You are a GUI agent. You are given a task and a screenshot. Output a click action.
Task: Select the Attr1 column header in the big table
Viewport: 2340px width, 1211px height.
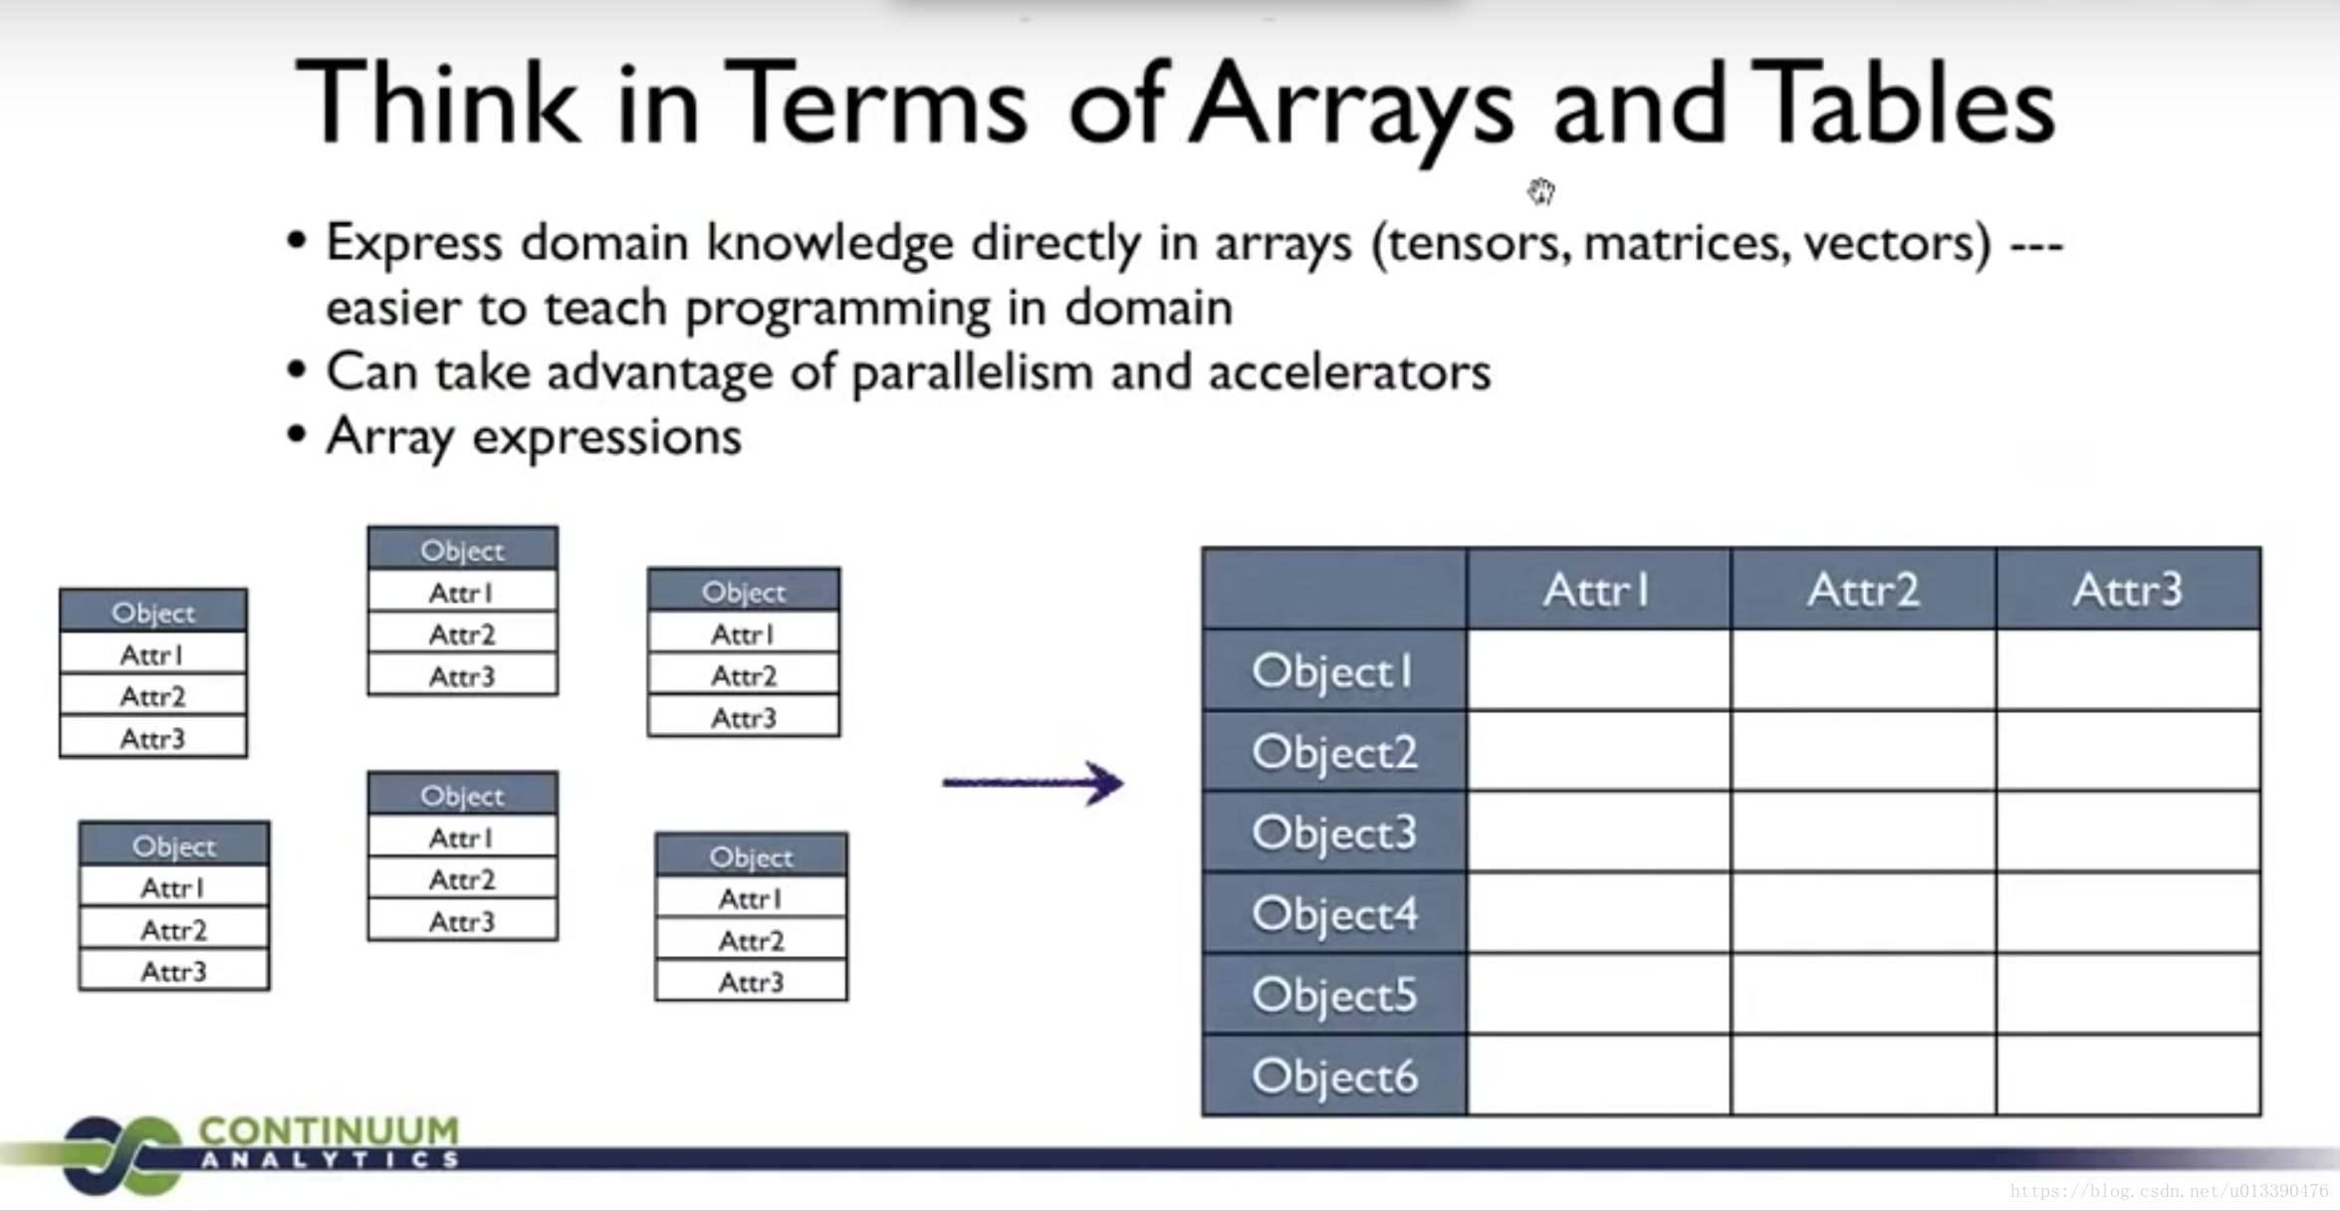click(x=1597, y=590)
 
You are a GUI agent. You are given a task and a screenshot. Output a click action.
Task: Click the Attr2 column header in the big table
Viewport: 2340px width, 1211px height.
click(x=1863, y=590)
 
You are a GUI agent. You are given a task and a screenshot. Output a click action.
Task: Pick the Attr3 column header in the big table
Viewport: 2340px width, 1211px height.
click(x=2128, y=590)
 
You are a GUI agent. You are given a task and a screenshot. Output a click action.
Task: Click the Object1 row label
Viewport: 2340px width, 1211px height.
click(x=1333, y=671)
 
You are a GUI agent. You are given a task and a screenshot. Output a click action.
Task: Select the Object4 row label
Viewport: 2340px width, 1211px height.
click(x=1334, y=914)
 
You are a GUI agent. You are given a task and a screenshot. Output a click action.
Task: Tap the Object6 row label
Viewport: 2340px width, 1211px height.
click(x=1334, y=1077)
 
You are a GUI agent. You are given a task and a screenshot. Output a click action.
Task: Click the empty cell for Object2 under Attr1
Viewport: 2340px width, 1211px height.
click(x=1599, y=752)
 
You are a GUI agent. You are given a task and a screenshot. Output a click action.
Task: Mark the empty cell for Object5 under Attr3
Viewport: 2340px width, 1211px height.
click(x=2128, y=995)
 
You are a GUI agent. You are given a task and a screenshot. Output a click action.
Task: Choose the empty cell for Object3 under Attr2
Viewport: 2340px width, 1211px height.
click(x=1863, y=833)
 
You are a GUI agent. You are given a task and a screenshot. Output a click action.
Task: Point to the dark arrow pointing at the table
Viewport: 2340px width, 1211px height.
click(x=1033, y=783)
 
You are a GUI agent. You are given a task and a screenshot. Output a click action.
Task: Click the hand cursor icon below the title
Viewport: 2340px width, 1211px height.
click(x=1541, y=190)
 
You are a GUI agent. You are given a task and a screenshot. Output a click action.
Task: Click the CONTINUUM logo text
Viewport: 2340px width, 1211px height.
click(x=329, y=1131)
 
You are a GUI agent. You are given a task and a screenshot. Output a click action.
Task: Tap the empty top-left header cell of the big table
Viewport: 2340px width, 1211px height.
click(x=1334, y=590)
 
